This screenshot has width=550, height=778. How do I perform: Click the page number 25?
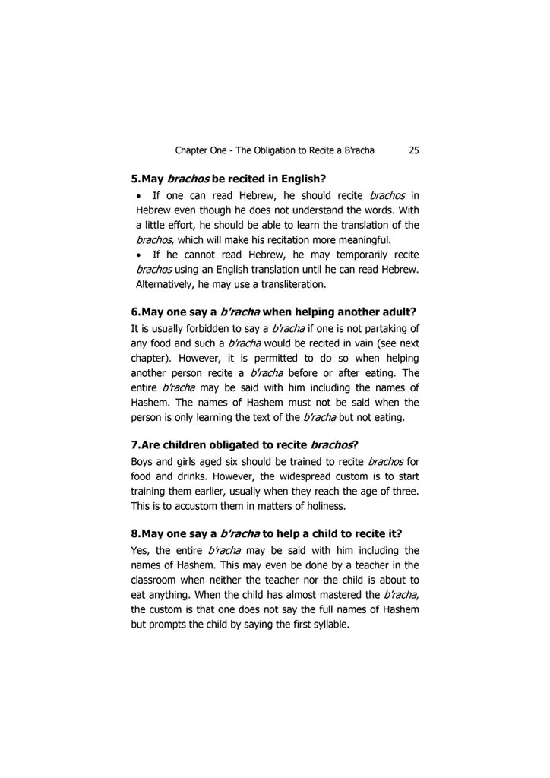(x=414, y=150)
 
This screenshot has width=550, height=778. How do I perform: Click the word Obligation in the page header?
(x=285, y=150)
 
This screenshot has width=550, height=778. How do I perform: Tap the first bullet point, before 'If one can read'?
(x=141, y=196)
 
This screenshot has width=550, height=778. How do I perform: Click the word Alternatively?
(x=164, y=284)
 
